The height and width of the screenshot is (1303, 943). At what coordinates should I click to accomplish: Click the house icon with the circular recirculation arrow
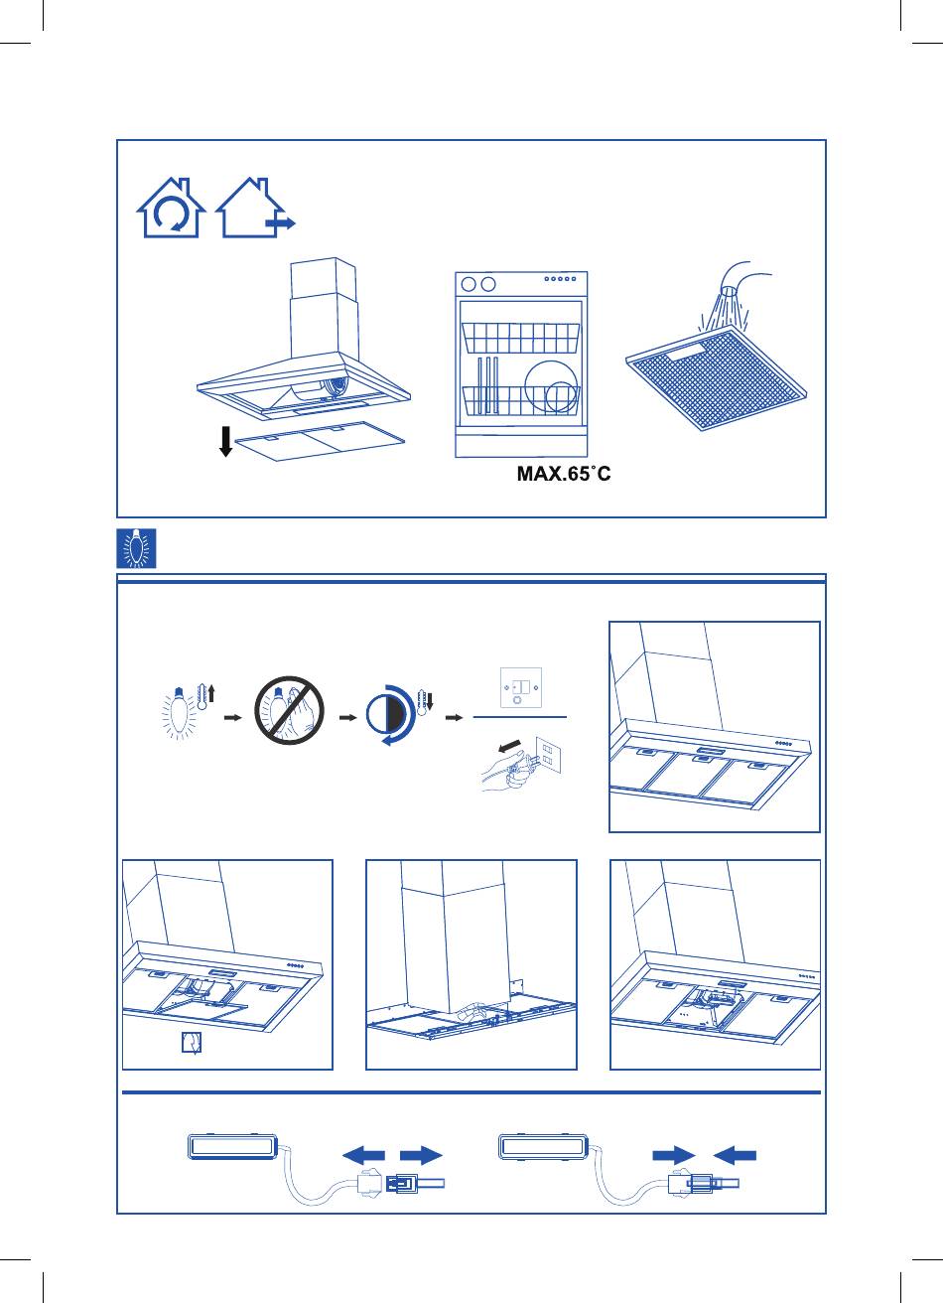(x=171, y=208)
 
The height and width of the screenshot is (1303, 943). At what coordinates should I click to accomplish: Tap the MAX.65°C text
(x=564, y=474)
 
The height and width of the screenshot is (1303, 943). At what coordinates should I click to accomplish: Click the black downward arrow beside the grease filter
(x=225, y=441)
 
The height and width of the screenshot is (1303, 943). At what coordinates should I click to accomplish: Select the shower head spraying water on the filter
(x=734, y=291)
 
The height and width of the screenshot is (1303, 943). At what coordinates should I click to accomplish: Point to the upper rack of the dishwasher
(x=520, y=338)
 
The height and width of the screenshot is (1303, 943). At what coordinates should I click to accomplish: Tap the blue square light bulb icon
(x=137, y=548)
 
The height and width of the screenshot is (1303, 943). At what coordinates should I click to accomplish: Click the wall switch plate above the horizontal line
(x=521, y=688)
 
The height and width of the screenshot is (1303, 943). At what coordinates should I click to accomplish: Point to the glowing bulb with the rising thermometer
(x=188, y=711)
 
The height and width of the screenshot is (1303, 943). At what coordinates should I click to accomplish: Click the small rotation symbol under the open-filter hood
(x=192, y=1043)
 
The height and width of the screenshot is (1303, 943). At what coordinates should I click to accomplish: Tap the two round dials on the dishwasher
(x=477, y=284)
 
